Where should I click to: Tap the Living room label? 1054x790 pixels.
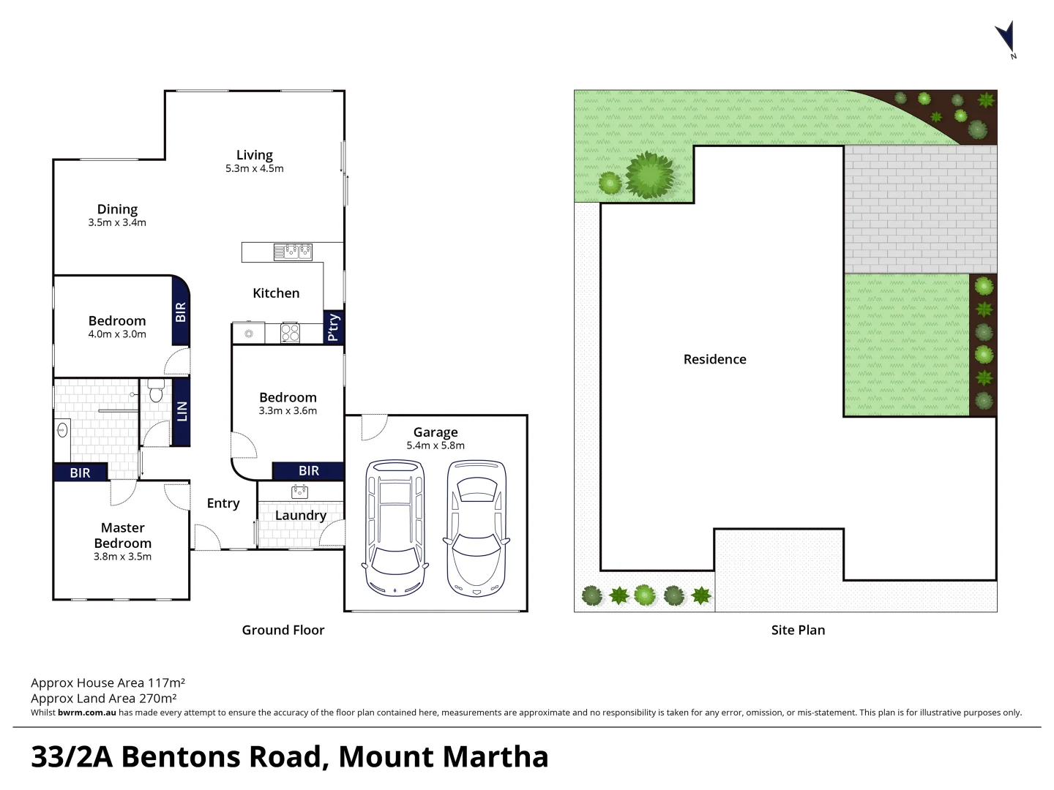254,155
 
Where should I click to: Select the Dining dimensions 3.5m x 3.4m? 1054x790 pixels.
117,223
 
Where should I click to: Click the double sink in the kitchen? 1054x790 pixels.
294,252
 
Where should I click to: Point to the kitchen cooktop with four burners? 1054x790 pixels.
290,334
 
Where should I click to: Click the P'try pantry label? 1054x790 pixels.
333,326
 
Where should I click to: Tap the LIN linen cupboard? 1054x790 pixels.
182,411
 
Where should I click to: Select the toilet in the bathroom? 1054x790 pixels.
155,392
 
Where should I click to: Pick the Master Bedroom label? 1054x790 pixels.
123,535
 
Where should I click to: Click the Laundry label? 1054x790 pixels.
300,516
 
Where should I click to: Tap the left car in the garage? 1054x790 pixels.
395,527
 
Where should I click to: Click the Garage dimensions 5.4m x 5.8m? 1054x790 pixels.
436,445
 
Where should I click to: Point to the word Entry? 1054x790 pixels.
223,503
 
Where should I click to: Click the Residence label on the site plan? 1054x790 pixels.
714,359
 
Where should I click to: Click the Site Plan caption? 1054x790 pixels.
798,630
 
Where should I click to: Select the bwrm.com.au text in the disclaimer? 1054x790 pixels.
86,712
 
